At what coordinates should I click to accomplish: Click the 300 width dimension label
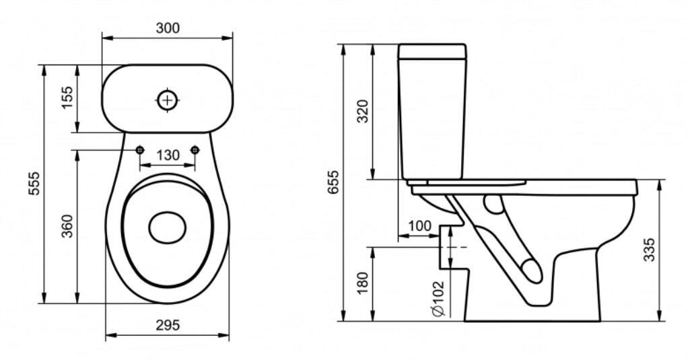pos(168,28)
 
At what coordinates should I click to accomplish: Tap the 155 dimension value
pos(67,98)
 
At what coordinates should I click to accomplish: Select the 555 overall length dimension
pos(34,183)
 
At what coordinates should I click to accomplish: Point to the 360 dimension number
pos(67,226)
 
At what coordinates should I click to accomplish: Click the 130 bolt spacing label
pos(168,155)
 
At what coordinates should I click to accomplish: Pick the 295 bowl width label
pos(168,325)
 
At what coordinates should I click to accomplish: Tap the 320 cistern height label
pos(362,112)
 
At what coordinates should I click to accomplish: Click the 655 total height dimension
pos(333,182)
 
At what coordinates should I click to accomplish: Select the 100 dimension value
pos(420,226)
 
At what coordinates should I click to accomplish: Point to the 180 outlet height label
pos(362,283)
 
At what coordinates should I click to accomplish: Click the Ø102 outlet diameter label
pos(438,298)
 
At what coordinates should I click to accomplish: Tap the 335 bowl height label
pos(649,250)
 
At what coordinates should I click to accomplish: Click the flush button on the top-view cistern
pos(168,101)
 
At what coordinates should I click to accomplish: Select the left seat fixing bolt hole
pos(140,150)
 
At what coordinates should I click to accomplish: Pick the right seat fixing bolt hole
pos(195,150)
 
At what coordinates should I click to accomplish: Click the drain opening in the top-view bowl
pos(167,228)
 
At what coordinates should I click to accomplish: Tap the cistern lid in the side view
pos(432,51)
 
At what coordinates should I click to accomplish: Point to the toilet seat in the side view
pos(467,182)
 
